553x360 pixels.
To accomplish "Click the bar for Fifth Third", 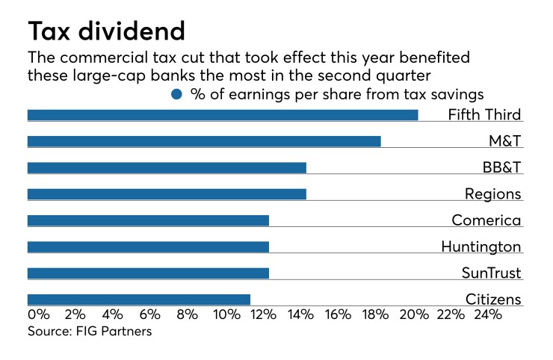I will [223, 115].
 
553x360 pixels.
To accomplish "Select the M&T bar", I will [204, 141].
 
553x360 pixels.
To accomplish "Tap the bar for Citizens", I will [138, 300].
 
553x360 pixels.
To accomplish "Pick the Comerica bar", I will [148, 220].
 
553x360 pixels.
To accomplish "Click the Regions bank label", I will [492, 194].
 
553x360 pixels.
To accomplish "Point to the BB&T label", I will [498, 168].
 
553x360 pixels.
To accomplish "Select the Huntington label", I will [481, 246].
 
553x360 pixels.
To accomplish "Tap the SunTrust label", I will [491, 273].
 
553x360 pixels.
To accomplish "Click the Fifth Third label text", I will [484, 115].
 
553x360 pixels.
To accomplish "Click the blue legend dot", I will [176, 94].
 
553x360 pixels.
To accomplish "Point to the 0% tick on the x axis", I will [38, 315].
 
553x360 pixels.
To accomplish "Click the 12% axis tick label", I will [262, 315].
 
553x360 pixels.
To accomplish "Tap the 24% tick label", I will [487, 315].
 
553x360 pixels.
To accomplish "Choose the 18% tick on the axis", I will [375, 315].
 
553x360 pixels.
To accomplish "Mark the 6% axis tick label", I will [150, 315].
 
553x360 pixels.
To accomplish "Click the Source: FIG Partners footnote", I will [90, 331].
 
